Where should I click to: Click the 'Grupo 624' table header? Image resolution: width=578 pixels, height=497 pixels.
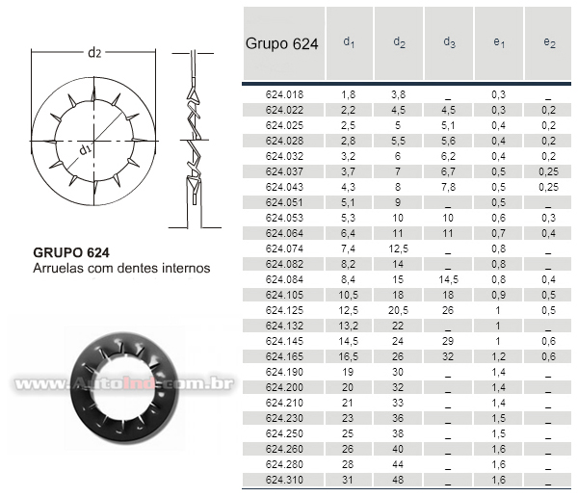tap(281, 44)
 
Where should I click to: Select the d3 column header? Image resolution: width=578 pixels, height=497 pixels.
tap(449, 42)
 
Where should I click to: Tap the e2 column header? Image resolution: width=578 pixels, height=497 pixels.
tap(549, 42)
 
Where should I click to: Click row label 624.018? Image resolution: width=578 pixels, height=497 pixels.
tap(284, 94)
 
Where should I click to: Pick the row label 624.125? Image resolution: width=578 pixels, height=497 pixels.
tap(284, 310)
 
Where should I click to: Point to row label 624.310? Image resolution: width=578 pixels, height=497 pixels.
tap(284, 480)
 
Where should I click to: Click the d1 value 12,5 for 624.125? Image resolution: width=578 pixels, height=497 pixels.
tap(348, 310)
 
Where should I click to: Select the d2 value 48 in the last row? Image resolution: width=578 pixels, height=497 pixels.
tap(398, 480)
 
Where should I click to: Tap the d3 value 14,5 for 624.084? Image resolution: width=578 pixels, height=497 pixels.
tap(448, 280)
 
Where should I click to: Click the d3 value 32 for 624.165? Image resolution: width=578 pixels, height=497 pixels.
tap(448, 357)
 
